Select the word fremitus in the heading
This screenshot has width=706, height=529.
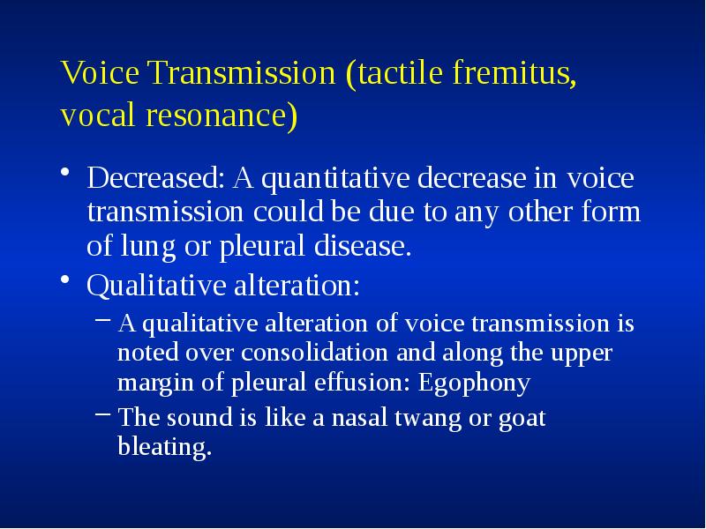[x=512, y=74]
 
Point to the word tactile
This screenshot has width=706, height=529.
[x=395, y=74]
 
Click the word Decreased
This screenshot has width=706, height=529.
[x=155, y=180]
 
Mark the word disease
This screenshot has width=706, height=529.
[x=362, y=247]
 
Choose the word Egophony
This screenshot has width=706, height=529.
[x=475, y=384]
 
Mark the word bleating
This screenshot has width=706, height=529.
[x=165, y=447]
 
